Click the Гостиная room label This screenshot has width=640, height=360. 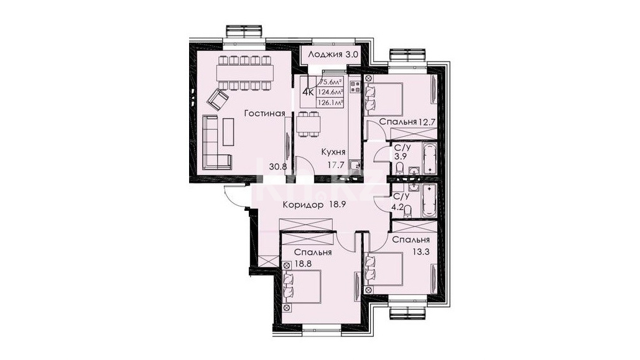coord(264,113)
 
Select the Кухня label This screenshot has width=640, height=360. coord(333,152)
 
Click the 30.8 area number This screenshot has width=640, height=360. coord(278,167)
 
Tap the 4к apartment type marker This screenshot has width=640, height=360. coord(308,92)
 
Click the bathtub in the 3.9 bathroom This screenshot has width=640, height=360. coord(429,159)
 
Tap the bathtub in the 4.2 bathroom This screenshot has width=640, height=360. coord(429,200)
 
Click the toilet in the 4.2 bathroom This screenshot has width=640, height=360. coord(407,210)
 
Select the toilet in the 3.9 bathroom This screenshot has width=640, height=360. coord(399,168)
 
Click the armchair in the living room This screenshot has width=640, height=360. coord(218,99)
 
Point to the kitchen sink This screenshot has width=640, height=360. coord(356,165)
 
